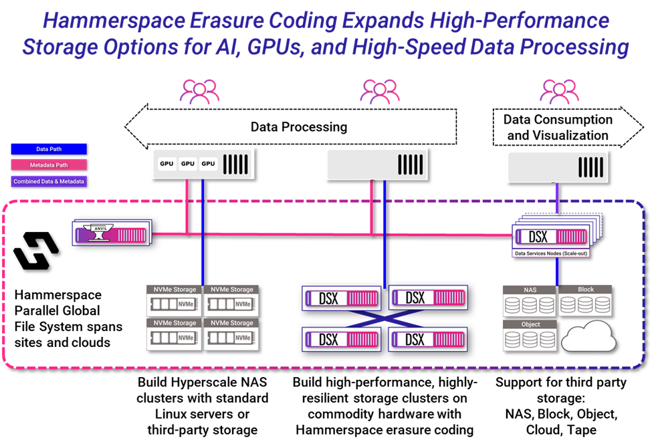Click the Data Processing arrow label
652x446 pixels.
click(298, 126)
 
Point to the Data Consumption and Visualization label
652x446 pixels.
click(558, 127)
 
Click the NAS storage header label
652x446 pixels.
click(529, 290)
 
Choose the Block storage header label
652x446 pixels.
click(585, 290)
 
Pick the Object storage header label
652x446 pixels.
click(529, 324)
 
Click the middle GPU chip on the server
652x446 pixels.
click(187, 163)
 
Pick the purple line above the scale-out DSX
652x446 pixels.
click(558, 201)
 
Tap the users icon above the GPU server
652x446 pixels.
click(199, 91)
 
